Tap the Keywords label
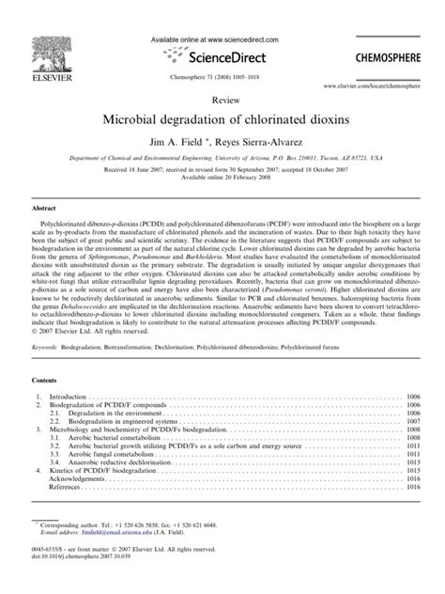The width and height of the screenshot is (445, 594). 49,347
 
